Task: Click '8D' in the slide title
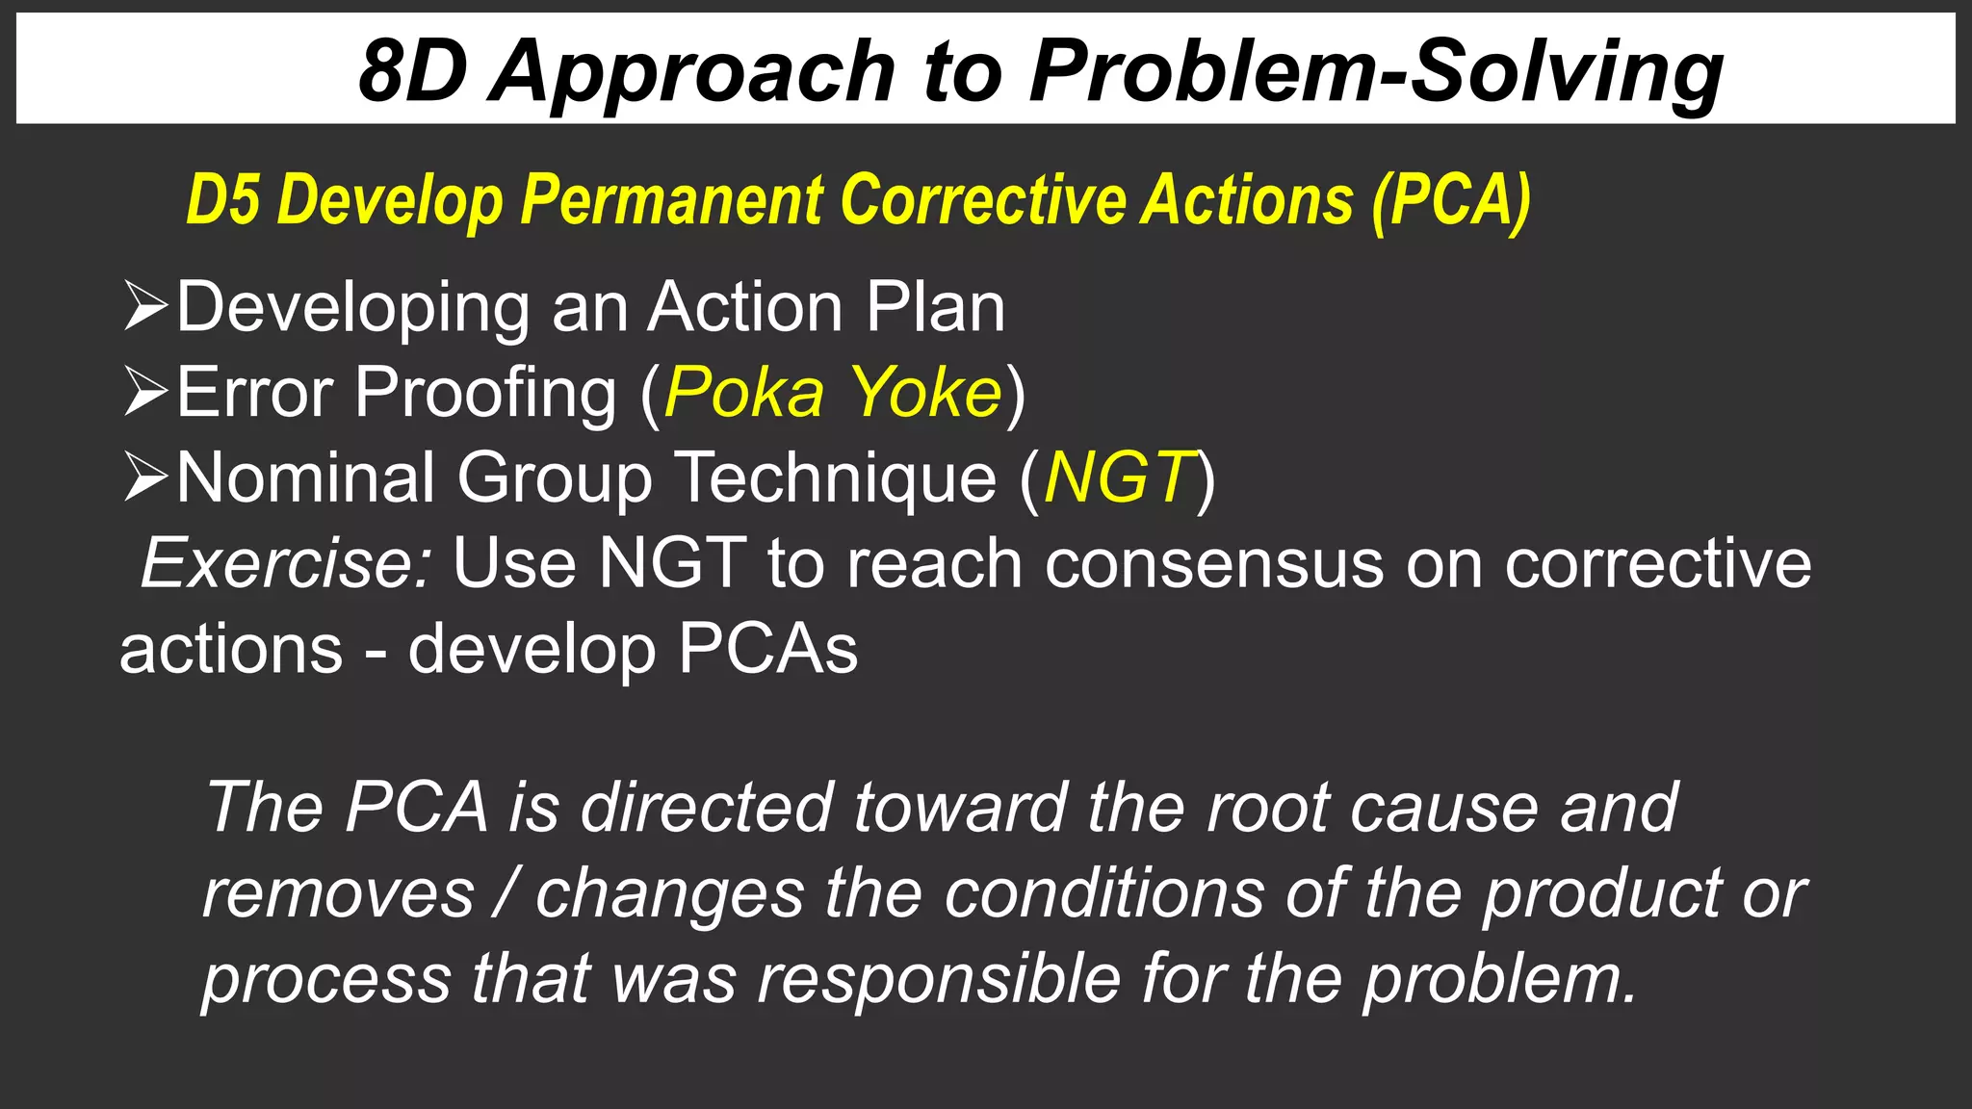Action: [x=412, y=71]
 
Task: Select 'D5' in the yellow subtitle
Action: [x=222, y=200]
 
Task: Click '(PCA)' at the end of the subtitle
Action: [x=1451, y=200]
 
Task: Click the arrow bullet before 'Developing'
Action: [x=145, y=307]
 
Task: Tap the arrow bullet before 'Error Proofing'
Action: [x=145, y=393]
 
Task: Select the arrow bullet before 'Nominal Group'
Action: [x=145, y=477]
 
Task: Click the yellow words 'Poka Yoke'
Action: [x=833, y=393]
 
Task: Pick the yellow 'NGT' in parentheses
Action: [x=1119, y=477]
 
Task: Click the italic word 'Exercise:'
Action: [x=287, y=563]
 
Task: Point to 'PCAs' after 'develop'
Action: [x=767, y=649]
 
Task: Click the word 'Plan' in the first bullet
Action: [x=935, y=307]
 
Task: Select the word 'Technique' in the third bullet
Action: [x=835, y=477]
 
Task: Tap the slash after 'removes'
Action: [x=505, y=893]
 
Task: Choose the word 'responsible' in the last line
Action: [x=939, y=979]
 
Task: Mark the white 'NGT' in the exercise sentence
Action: [x=671, y=563]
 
